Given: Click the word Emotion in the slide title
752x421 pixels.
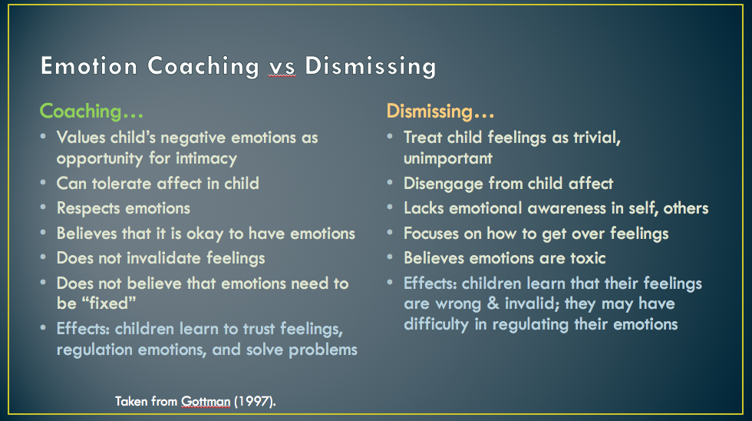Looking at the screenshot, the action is click(x=89, y=66).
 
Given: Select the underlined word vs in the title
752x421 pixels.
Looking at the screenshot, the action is click(x=282, y=67).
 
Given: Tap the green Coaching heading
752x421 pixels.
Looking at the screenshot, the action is click(x=91, y=112).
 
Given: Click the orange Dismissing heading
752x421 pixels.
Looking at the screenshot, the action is click(x=440, y=111).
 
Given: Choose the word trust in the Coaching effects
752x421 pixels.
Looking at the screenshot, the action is click(x=259, y=329).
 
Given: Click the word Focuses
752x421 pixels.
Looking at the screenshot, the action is click(x=431, y=234).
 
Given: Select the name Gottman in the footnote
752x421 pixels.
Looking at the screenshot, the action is click(x=206, y=401).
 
